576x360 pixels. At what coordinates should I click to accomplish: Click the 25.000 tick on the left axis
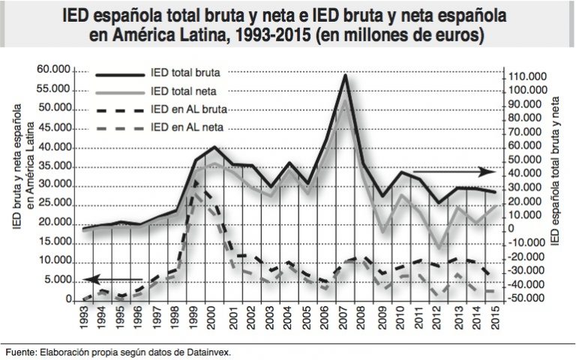coord(55,204)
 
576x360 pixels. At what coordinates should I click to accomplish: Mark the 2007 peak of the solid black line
coord(345,75)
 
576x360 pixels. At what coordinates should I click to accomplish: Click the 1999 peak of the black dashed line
coord(196,180)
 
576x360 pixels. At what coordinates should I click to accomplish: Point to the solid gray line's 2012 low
coord(439,247)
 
